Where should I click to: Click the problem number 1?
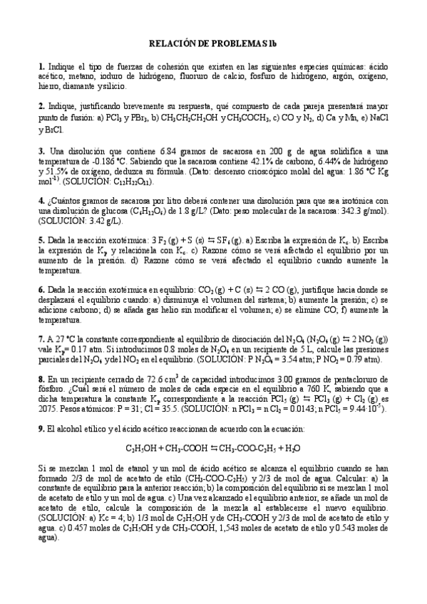click(41, 66)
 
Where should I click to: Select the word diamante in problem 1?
click(84, 86)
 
